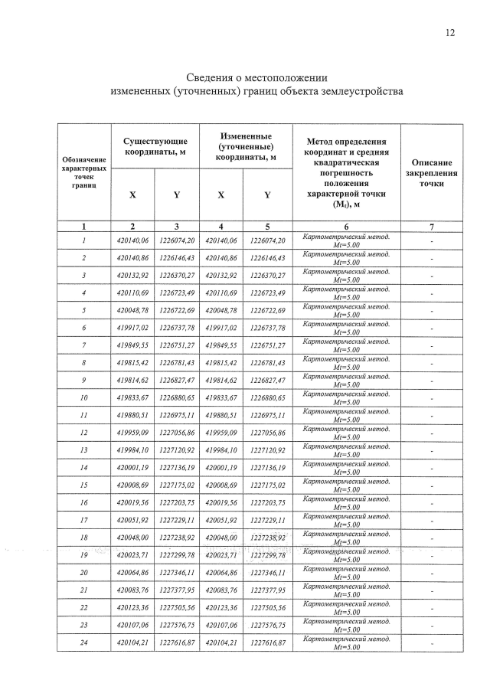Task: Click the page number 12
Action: (449, 32)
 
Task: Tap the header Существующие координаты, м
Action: (156, 145)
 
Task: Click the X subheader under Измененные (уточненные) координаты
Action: (220, 195)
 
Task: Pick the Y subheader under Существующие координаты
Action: (177, 195)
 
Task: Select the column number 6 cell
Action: (346, 227)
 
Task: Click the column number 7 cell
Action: (432, 227)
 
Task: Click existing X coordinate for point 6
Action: (132, 327)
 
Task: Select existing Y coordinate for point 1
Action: (177, 240)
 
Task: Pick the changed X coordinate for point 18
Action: (220, 538)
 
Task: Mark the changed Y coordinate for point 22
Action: (267, 607)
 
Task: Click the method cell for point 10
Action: (346, 397)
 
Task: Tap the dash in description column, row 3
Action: (432, 275)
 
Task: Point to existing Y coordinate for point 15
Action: (177, 485)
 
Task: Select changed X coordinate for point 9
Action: (220, 380)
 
